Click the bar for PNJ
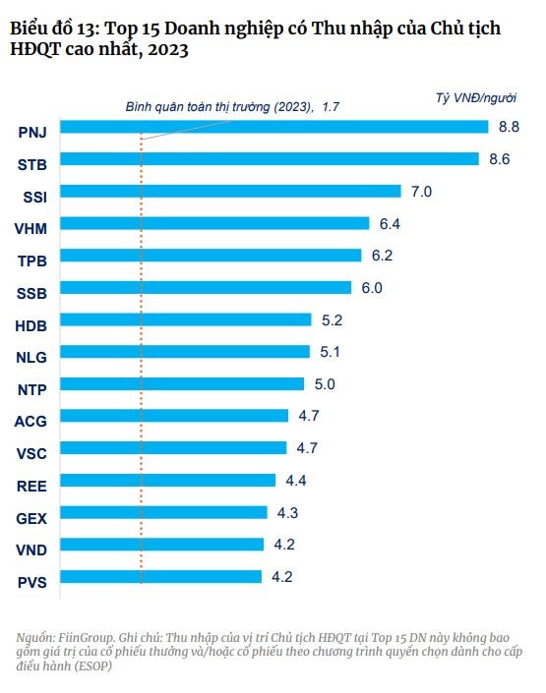[285, 127]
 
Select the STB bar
[280, 159]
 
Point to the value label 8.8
[510, 127]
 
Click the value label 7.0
[421, 192]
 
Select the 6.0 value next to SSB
[372, 288]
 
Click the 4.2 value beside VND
[283, 545]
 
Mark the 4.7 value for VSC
[307, 448]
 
